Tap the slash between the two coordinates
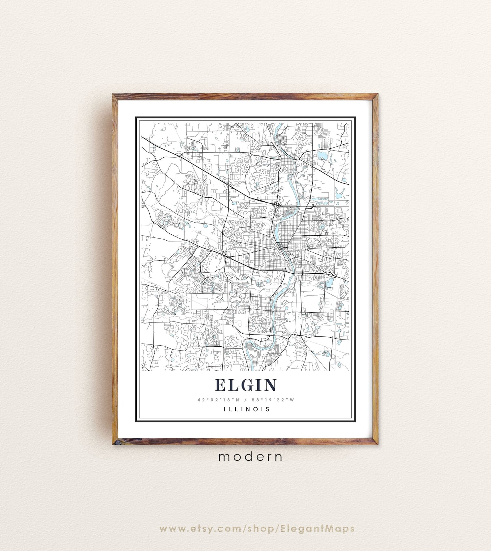click(x=246, y=399)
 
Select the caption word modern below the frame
click(x=250, y=457)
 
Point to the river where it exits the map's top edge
click(x=279, y=125)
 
